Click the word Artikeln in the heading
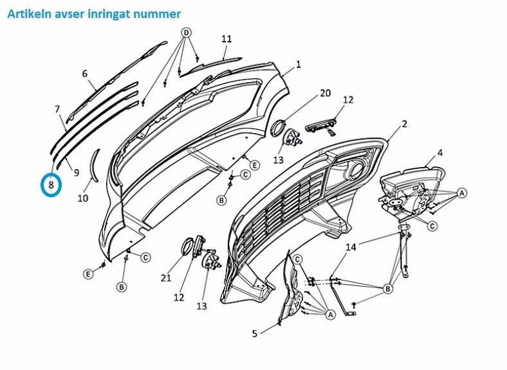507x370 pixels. click(28, 13)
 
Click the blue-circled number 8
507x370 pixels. click(51, 186)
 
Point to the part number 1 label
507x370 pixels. click(299, 64)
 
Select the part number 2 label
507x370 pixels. click(404, 124)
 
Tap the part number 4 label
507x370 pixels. click(440, 152)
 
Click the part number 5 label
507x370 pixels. click(255, 333)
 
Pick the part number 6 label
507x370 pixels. click(84, 74)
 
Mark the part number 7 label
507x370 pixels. click(57, 109)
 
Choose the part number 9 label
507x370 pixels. click(76, 172)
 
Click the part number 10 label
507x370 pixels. click(83, 198)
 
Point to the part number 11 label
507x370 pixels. click(226, 39)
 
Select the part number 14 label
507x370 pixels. click(351, 247)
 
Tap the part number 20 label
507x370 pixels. click(325, 93)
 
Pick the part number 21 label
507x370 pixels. click(166, 277)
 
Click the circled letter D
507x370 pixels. click(187, 33)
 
